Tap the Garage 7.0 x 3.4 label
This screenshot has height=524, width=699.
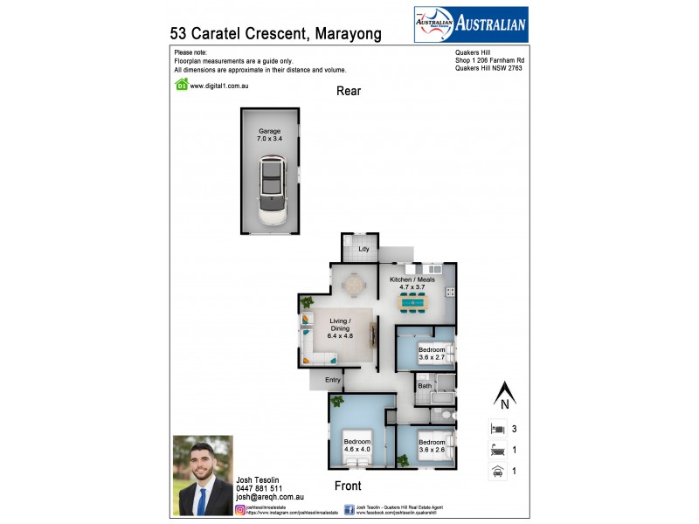[x=270, y=134]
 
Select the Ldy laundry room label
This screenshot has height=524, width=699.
[x=363, y=250]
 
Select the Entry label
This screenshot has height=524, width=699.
[x=333, y=380]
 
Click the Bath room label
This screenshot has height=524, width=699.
[x=425, y=385]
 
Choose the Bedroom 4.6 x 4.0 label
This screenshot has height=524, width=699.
[x=356, y=445]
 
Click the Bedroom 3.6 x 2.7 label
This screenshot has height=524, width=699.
[x=432, y=354]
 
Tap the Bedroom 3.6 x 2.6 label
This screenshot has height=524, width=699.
[x=432, y=445]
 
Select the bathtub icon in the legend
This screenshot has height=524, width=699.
[x=496, y=451]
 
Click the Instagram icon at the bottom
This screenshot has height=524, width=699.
[x=239, y=508]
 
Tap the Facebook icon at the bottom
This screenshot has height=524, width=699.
[x=349, y=508]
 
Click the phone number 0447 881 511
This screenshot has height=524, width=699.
[x=259, y=488]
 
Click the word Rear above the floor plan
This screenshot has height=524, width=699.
[x=349, y=91]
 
